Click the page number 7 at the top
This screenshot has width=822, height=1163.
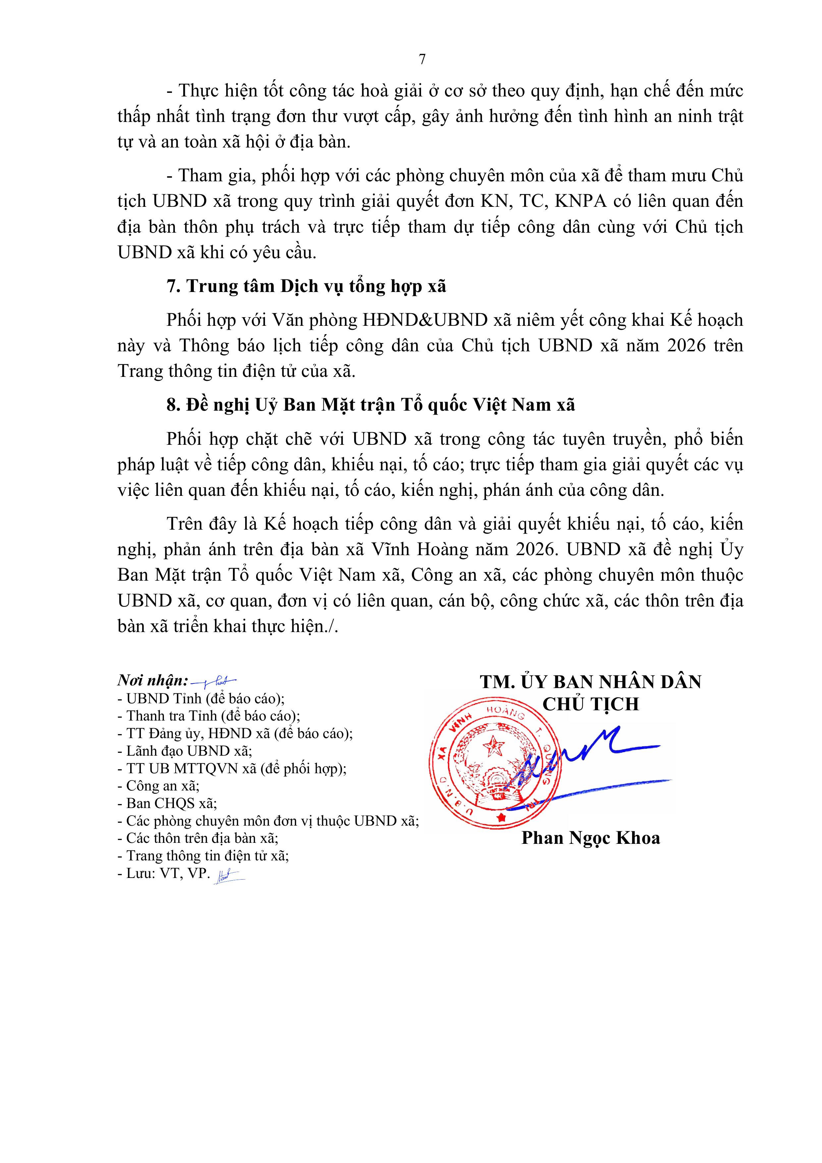[x=422, y=60]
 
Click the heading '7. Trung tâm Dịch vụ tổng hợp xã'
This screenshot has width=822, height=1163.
[x=306, y=287]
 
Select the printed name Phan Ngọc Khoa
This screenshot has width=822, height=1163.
[x=590, y=838]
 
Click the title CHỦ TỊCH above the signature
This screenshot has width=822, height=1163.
[x=590, y=704]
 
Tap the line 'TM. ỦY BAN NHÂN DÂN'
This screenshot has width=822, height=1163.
[x=590, y=682]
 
